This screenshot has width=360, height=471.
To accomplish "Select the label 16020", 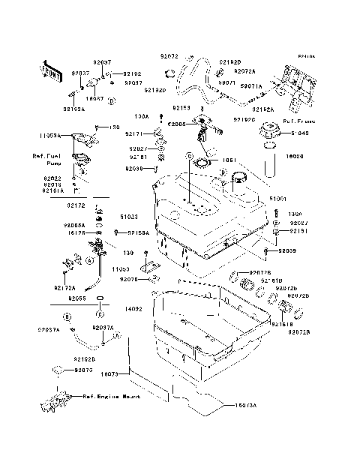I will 294,157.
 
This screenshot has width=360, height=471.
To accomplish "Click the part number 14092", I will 133,309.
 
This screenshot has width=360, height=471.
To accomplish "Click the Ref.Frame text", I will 298,120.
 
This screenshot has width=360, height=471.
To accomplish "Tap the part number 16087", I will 94,98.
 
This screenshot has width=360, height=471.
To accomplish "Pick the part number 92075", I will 82,370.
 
